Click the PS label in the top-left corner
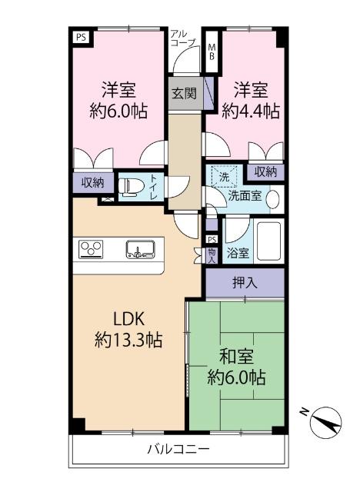click(x=79, y=35)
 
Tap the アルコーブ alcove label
click(x=183, y=39)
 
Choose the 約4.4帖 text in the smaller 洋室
click(x=250, y=111)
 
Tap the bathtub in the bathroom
click(x=270, y=242)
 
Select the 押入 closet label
click(x=245, y=282)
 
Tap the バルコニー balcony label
click(x=178, y=449)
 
